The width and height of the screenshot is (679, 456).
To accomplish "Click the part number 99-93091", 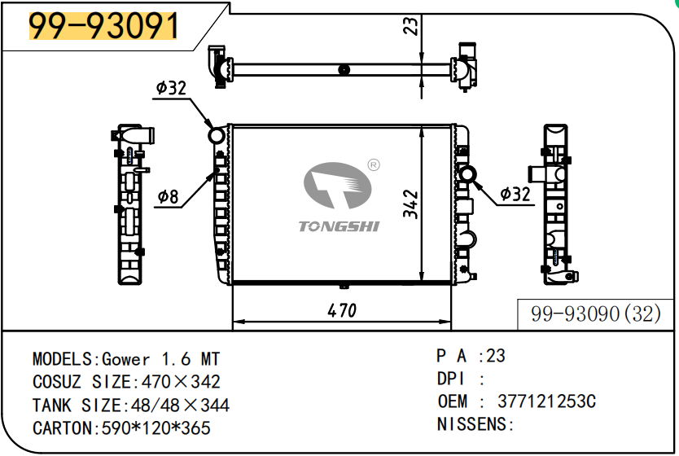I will pos(103,27).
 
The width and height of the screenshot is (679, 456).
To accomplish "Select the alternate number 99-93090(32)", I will pos(596,314).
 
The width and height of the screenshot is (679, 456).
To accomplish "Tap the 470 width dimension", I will pos(342,310).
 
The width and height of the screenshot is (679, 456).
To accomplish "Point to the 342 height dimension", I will pos(410,205).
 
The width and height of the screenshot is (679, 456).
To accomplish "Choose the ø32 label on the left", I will pos(171,88).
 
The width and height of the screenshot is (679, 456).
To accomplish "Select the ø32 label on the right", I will pos(515,194).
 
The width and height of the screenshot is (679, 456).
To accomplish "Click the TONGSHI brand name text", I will pos(339,226).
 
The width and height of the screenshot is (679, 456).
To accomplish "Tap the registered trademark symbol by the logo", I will pos(374,165).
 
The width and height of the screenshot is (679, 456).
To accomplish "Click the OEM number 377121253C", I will pos(546,401).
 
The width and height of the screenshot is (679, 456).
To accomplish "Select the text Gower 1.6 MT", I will pos(160,359).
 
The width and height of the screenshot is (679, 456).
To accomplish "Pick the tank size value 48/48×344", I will pos(176,405).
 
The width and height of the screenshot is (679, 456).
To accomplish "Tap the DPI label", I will pos(451,379).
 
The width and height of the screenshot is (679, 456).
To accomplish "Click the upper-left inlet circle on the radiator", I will pos(217,135).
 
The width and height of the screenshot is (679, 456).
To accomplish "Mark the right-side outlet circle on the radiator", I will pos(468,174).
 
